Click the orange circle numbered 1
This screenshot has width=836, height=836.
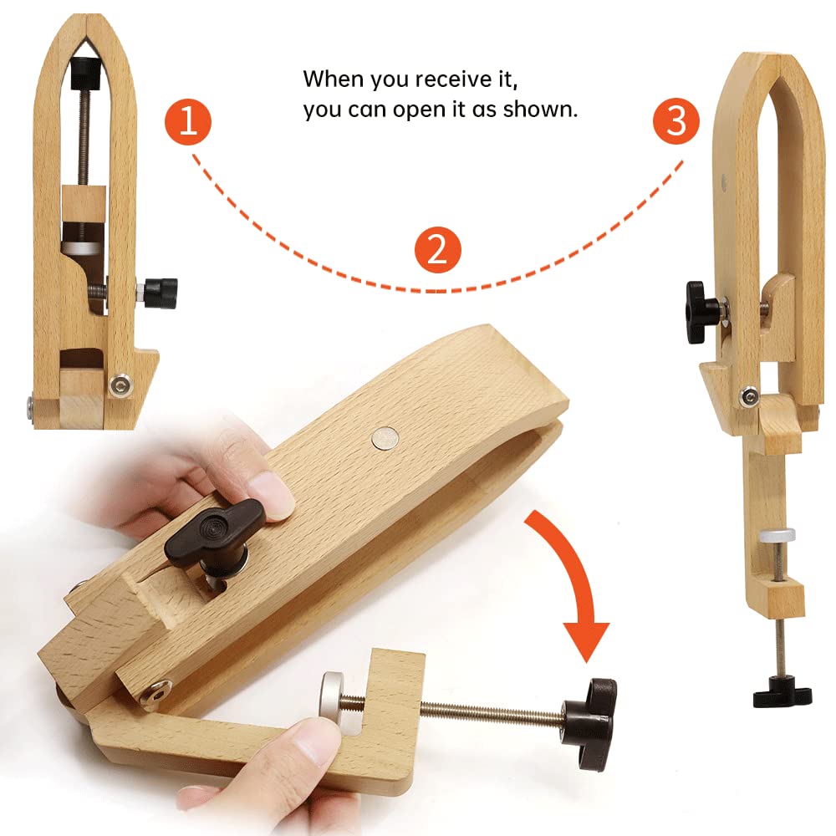pyautogui.click(x=187, y=122)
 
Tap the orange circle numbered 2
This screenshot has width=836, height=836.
pyautogui.click(x=437, y=250)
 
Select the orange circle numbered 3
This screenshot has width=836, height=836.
pyautogui.click(x=675, y=122)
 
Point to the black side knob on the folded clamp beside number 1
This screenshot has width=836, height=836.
pyautogui.click(x=160, y=293)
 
